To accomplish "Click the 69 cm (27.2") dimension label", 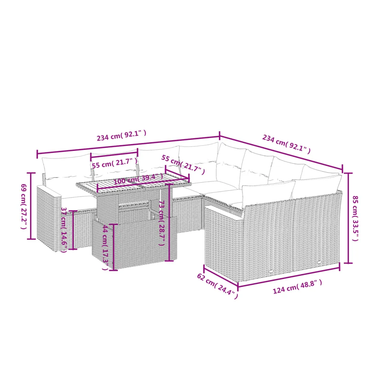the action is tap(24, 207).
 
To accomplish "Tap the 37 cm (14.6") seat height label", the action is tap(64, 230).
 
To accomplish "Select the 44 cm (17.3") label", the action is tap(106, 247).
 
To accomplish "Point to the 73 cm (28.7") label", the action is tap(162, 223).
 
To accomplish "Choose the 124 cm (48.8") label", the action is tap(298, 287).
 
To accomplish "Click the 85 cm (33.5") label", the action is tap(355, 218).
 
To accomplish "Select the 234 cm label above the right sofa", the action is tap(286, 144).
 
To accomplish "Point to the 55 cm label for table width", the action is tap(183, 165).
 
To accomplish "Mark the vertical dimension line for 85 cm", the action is tap(348, 218).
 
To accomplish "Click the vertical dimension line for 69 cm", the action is tap(31, 206).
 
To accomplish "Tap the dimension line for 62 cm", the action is tap(221, 276).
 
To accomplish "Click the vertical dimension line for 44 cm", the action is tap(113, 247).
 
